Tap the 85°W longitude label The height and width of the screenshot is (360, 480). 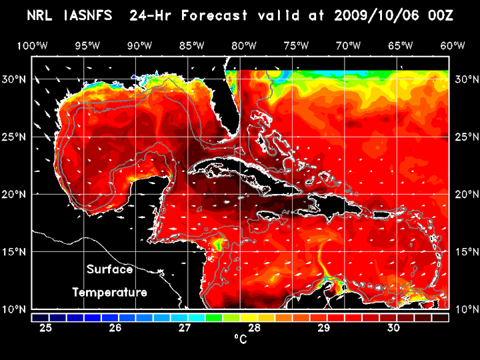[x=191, y=45]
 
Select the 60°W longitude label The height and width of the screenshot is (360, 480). [x=453, y=45]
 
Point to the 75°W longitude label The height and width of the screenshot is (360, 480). [x=296, y=45]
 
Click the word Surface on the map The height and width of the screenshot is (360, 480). [x=109, y=270]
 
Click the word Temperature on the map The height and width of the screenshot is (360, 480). [x=109, y=292]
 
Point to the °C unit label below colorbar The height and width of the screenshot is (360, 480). [x=239, y=339]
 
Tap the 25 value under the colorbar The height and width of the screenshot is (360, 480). [x=46, y=327]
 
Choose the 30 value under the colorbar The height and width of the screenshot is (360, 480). [x=393, y=327]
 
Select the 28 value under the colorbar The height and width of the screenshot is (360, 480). [x=255, y=327]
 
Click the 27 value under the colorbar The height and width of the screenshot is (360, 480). [x=185, y=327]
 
